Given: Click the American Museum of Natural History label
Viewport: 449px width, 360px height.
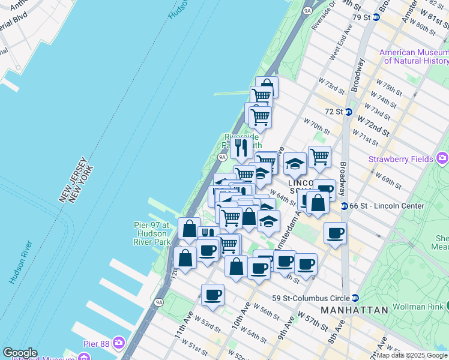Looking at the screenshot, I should (414, 56).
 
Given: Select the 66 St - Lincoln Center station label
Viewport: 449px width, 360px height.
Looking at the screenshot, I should (388, 206).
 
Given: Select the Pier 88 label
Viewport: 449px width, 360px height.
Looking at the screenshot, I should (98, 343).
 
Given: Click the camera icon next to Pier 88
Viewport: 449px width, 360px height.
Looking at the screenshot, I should (119, 343).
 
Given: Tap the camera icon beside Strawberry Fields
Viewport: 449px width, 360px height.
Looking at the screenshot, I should (442, 158).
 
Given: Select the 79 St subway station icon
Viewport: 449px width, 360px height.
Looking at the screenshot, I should (376, 17).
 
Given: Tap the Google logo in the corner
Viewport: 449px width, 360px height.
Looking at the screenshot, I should (20, 353).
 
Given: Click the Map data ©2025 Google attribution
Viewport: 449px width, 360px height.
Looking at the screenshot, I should (412, 355).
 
